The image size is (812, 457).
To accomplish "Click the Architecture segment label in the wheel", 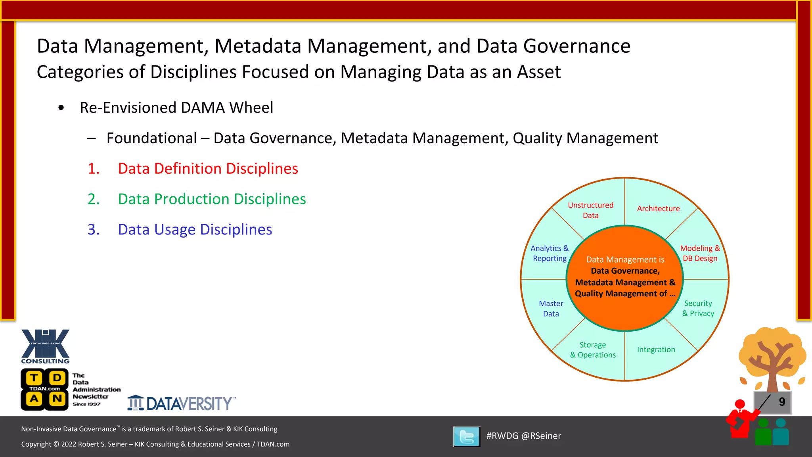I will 658,209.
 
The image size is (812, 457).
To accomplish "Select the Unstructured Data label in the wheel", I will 590,210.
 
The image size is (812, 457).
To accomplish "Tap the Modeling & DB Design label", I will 700,253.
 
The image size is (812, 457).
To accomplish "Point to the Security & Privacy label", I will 698,308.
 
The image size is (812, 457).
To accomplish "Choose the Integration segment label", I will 656,349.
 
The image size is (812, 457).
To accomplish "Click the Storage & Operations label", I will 593,350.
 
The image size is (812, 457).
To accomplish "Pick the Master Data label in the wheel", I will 551,309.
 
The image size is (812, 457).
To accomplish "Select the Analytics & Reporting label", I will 550,253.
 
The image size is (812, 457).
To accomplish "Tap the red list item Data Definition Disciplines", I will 208,169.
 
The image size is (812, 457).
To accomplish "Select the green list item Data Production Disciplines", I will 212,199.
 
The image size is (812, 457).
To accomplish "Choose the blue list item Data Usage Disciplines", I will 195,230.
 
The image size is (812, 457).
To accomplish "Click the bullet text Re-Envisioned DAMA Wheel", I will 176,108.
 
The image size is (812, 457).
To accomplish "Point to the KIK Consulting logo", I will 45,346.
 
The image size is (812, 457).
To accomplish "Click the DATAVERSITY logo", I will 182,403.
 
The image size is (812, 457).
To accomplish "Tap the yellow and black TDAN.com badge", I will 44,389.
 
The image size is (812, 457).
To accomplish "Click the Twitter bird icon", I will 467,436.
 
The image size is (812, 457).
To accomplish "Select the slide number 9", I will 781,402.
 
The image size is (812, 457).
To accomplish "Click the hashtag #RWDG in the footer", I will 502,436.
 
